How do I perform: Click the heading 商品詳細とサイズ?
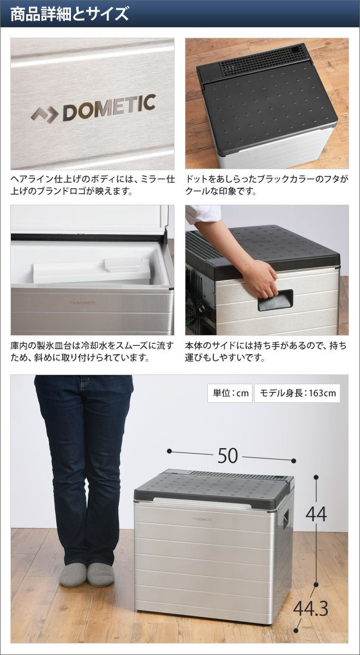click(x=70, y=14)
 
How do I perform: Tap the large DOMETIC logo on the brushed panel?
click(x=93, y=108)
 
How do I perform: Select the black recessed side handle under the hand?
click(x=275, y=301)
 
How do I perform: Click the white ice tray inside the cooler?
click(x=92, y=271)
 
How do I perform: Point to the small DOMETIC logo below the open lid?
click(x=84, y=302)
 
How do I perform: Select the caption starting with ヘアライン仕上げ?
click(x=92, y=186)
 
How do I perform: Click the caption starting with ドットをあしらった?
click(x=267, y=186)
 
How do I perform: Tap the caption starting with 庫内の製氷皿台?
click(x=92, y=351)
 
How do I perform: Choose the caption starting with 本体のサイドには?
click(x=266, y=351)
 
